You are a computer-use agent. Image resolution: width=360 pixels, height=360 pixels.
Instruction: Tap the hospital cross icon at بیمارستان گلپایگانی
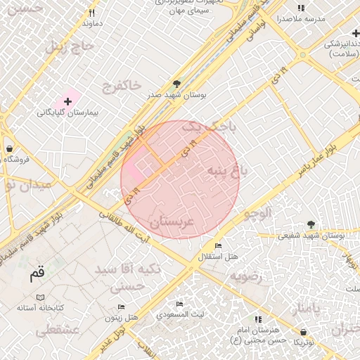(67, 102)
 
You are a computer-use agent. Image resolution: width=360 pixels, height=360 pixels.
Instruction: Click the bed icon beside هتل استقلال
(219, 245)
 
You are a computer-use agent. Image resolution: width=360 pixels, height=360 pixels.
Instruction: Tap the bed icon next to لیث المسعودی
(180, 304)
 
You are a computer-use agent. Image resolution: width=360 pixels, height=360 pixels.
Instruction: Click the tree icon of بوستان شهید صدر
(176, 83)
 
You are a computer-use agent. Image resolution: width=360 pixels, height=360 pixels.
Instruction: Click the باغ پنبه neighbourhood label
(228, 170)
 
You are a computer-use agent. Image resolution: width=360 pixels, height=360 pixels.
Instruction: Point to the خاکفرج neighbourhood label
(121, 86)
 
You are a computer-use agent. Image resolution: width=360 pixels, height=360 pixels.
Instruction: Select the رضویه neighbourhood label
(245, 276)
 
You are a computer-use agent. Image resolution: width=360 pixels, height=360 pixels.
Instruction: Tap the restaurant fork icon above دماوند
(91, 13)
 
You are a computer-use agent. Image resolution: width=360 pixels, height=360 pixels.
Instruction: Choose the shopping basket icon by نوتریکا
(303, 330)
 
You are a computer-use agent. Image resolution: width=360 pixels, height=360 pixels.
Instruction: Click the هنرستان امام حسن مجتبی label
(258, 334)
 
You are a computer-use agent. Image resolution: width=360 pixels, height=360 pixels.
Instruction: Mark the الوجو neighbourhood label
(257, 215)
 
